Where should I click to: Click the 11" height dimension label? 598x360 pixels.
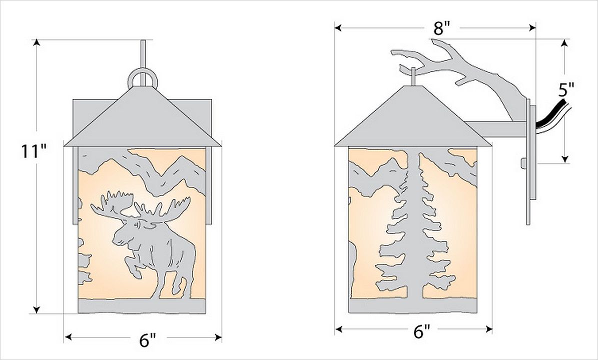pos(34,151)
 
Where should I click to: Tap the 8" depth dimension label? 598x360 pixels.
pos(442,28)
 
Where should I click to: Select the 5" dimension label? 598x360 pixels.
pos(566,91)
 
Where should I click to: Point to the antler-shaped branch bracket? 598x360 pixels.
pos(458,72)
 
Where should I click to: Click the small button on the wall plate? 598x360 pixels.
pos(523,163)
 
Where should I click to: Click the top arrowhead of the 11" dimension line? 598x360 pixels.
pos(36,42)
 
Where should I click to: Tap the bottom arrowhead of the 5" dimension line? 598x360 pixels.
pos(565,159)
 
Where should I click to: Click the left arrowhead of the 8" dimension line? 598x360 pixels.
pos(339,28)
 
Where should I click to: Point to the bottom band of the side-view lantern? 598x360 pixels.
pos(413,305)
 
